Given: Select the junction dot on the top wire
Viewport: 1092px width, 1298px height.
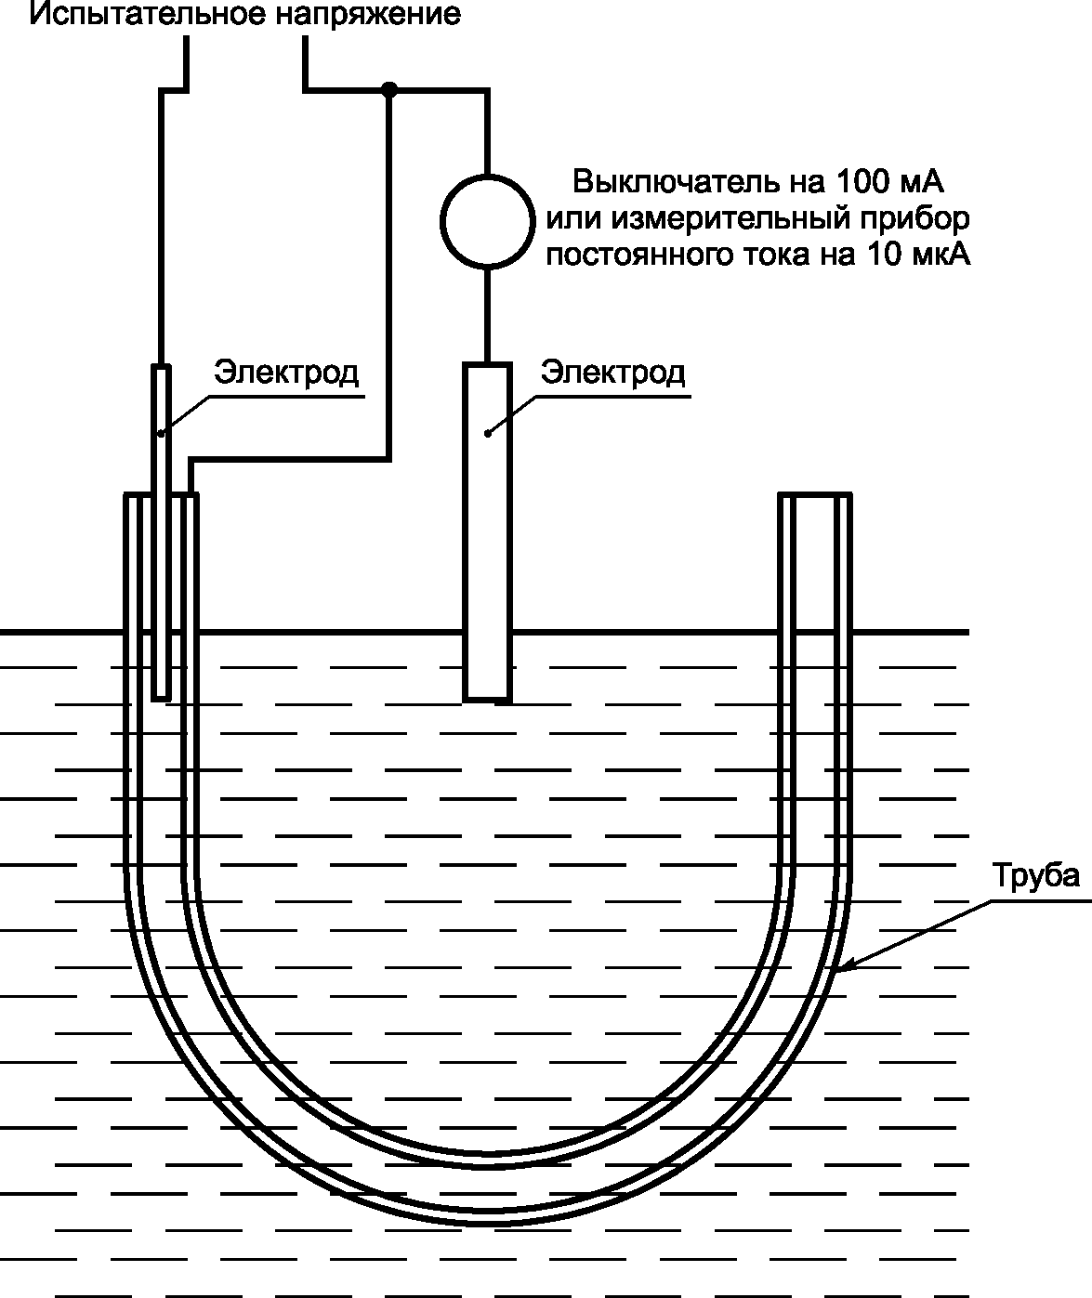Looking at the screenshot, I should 390,89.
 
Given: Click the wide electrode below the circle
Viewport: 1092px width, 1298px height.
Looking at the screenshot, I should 488,530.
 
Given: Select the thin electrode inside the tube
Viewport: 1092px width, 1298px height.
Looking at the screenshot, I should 162,530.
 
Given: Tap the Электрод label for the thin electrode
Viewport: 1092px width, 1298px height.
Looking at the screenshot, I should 286,373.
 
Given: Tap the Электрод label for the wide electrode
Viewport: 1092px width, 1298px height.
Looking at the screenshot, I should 613,373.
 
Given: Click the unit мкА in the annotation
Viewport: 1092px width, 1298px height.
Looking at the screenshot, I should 940,255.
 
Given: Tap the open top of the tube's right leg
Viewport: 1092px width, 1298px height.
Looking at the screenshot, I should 815,496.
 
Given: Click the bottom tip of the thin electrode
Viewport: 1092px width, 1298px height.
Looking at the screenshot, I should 162,696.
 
